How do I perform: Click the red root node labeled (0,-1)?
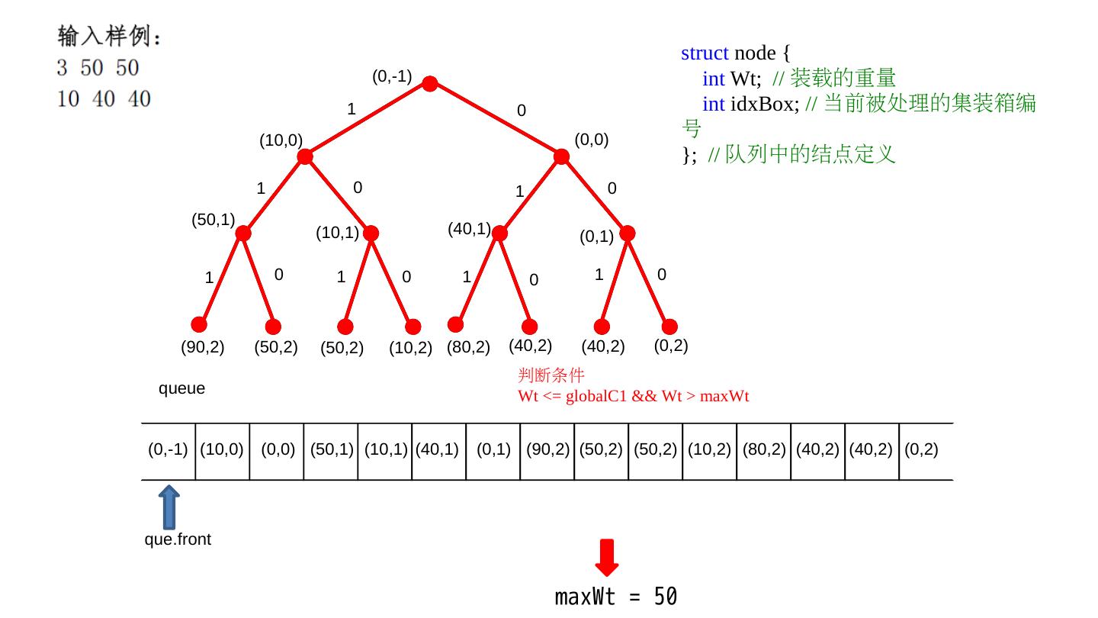(x=430, y=84)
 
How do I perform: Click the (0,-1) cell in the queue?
(x=168, y=450)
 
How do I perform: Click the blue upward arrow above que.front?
(x=169, y=507)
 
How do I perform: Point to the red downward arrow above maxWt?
(x=607, y=558)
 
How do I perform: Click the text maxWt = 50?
(x=615, y=597)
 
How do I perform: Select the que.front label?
(x=178, y=540)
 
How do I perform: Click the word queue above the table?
(x=181, y=389)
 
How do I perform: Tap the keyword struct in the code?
(x=705, y=53)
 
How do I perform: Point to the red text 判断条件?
(x=551, y=375)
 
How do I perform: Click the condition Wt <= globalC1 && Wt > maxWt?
(x=633, y=396)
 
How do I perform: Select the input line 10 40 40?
(x=104, y=99)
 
